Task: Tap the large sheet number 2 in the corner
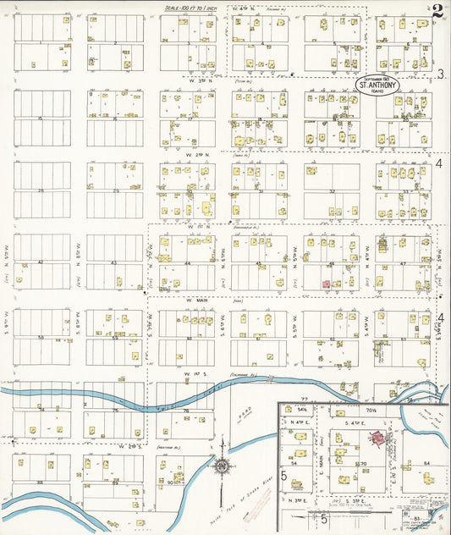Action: click(x=436, y=12)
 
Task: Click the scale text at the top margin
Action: click(x=198, y=6)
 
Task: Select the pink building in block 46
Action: click(x=326, y=285)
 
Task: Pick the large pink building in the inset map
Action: click(x=375, y=438)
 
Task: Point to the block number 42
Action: click(x=40, y=263)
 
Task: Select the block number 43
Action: click(x=115, y=263)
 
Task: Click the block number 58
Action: click(x=40, y=338)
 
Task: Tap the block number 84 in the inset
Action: click(x=427, y=463)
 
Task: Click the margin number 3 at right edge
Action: click(x=440, y=74)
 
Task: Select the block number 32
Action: click(x=333, y=191)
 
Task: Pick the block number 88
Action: click(x=40, y=483)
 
